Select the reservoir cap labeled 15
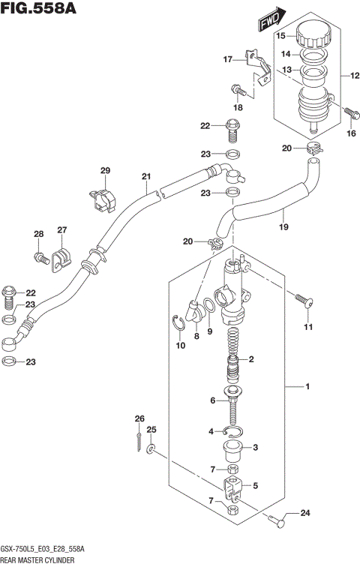[x=312, y=36]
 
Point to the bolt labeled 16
[x=349, y=112]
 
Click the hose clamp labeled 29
[x=104, y=198]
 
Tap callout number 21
[x=146, y=177]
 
